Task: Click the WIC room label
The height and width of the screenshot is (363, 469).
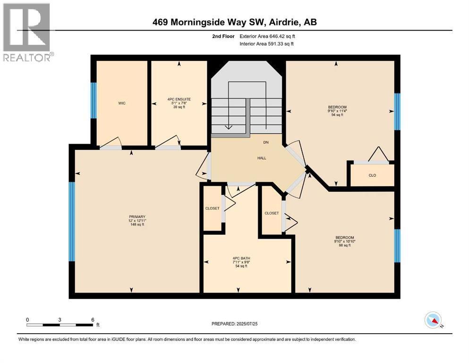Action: coord(121,103)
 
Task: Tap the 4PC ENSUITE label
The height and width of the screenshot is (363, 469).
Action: coord(179,99)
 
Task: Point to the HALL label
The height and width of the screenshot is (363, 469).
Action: coord(262,158)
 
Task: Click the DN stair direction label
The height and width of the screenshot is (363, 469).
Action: coord(265,142)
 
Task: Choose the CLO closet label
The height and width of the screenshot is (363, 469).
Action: coord(372,175)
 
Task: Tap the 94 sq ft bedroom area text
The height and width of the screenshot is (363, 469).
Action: coord(337,115)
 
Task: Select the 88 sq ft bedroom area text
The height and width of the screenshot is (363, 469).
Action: coord(344,245)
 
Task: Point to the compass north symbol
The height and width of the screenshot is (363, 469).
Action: coord(433,320)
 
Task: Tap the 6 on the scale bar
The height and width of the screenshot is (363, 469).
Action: coord(92,319)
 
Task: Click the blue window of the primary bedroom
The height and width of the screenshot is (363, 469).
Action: coord(72,221)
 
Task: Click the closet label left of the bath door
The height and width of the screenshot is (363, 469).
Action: coord(212,208)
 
